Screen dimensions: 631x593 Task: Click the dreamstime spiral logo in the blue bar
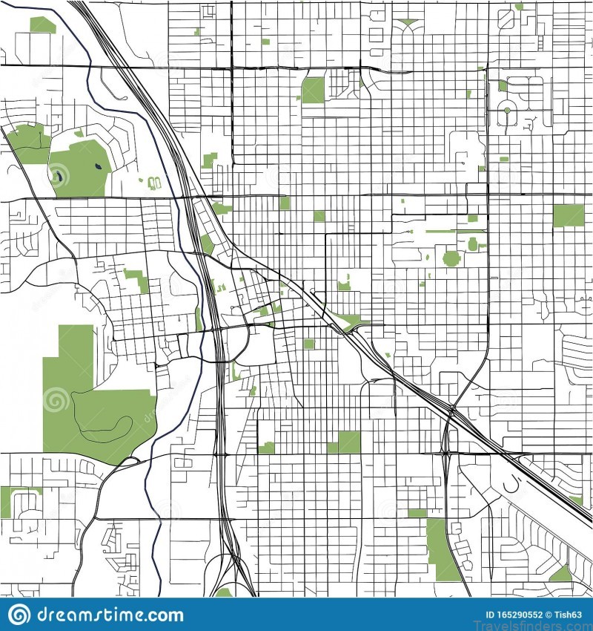[20, 614]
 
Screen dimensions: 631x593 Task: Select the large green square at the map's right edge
[569, 215]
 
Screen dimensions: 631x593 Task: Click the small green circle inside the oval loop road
[506, 111]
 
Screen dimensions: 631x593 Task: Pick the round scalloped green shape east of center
[451, 258]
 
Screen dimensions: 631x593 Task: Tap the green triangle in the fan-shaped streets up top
[407, 23]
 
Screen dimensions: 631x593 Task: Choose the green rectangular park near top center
[313, 91]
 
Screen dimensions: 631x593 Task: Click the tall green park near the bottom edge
[443, 549]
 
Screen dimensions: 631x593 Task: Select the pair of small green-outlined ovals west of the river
[154, 183]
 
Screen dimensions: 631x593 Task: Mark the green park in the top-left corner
[42, 25]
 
